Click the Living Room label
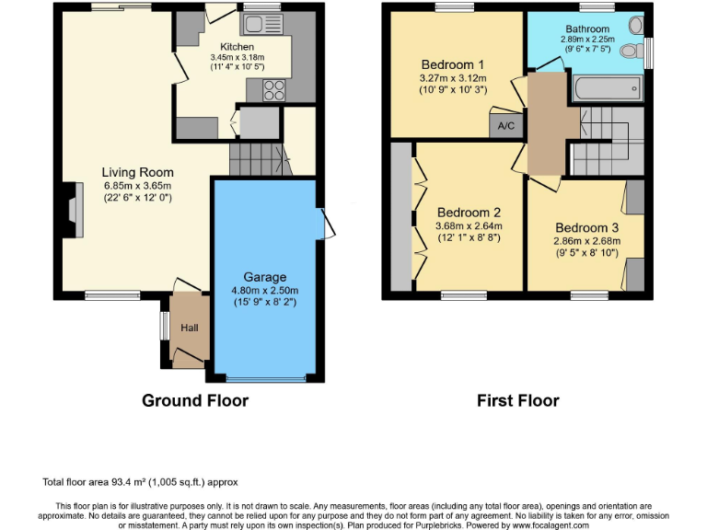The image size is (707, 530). click(137, 172)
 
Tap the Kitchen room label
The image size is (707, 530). click(237, 47)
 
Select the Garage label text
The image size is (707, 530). click(264, 277)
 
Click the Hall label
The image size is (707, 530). click(188, 328)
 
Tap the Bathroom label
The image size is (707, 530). click(585, 29)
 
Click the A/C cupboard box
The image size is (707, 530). click(505, 126)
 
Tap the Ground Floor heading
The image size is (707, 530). click(194, 400)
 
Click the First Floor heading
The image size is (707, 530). click(517, 400)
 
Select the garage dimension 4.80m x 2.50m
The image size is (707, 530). click(264, 291)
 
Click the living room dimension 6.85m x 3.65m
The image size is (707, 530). click(137, 185)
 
